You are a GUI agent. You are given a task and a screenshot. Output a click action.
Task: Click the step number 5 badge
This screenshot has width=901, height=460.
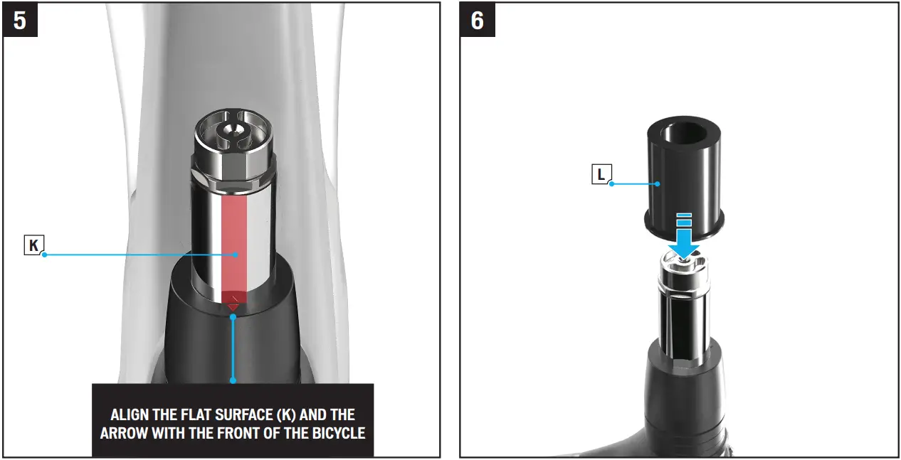[x=20, y=20]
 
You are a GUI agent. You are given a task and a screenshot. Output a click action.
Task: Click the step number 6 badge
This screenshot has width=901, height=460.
[x=477, y=20]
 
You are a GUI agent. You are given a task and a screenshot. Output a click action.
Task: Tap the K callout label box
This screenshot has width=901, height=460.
[x=33, y=246]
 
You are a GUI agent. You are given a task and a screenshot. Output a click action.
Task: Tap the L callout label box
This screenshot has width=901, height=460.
[x=601, y=174]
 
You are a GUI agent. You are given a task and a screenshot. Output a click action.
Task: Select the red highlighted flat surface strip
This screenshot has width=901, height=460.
[x=235, y=242]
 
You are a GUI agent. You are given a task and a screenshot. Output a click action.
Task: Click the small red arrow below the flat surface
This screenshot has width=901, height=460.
[x=233, y=305]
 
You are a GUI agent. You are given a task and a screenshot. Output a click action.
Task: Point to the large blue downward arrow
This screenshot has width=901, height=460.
[x=683, y=238]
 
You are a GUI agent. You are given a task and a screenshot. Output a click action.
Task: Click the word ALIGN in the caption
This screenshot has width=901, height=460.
[x=130, y=414]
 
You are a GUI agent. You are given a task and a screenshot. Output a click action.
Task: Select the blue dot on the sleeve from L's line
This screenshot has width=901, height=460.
[x=658, y=183]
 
